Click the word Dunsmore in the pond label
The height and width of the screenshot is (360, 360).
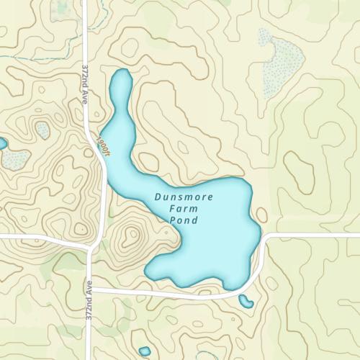(x=183, y=196)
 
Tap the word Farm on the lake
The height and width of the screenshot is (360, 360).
(x=183, y=208)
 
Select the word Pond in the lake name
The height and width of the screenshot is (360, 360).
(x=183, y=220)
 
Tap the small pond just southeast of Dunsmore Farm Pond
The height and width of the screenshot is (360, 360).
(x=246, y=301)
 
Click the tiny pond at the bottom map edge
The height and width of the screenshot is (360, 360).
(x=145, y=352)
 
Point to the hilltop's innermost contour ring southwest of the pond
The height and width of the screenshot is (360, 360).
(x=131, y=234)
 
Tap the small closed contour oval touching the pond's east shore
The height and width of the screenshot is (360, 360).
(x=261, y=215)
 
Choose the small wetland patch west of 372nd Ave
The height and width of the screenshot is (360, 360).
(x=42, y=130)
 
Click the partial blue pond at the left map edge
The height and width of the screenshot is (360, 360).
(x=2, y=143)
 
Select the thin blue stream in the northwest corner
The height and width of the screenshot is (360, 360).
(x=29, y=54)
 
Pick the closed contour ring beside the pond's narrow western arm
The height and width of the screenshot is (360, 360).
(x=148, y=162)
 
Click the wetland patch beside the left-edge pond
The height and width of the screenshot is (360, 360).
(x=16, y=158)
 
